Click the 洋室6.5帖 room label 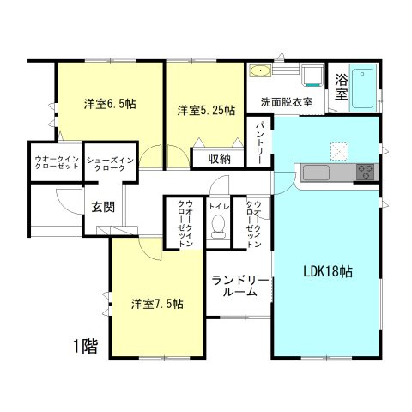(110, 105)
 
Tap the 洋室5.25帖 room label (206, 110)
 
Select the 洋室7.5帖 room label (156, 304)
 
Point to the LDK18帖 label (327, 271)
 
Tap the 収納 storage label (219, 158)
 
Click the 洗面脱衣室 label (286, 102)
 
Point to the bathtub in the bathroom (364, 88)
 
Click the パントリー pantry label (260, 136)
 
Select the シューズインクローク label (110, 163)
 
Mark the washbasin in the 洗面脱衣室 (260, 71)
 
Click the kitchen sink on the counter (315, 173)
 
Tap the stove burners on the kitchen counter (366, 172)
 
